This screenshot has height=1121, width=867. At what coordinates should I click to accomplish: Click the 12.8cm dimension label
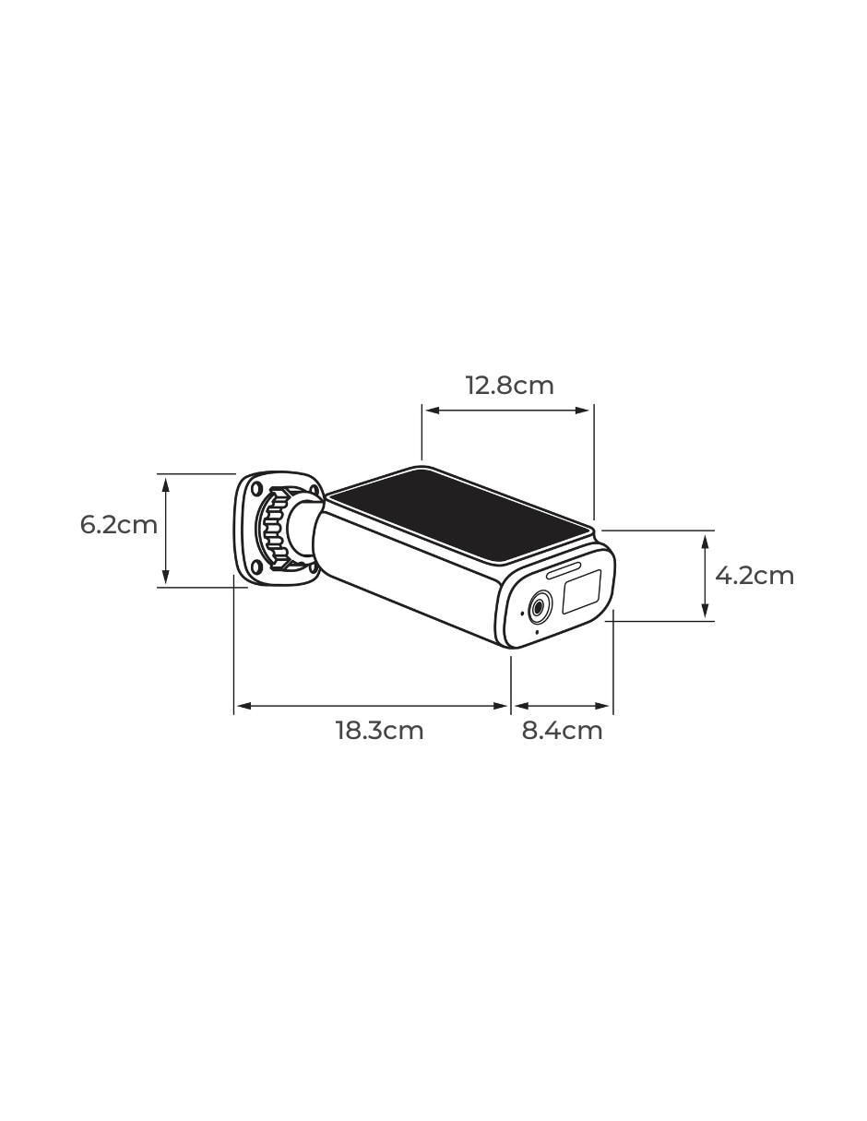[x=509, y=386]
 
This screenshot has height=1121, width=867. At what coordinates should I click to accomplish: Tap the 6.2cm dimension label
[x=119, y=525]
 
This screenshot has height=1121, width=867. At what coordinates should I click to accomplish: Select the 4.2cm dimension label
[x=754, y=575]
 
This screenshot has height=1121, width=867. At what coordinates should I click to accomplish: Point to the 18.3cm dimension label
[x=379, y=731]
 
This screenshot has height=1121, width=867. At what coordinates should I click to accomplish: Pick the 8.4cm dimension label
[x=562, y=731]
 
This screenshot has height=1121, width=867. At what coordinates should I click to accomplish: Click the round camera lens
[x=540, y=606]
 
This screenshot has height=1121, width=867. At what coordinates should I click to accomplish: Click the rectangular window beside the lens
[x=581, y=591]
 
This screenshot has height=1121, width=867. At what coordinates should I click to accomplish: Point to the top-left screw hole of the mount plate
[x=256, y=489]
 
